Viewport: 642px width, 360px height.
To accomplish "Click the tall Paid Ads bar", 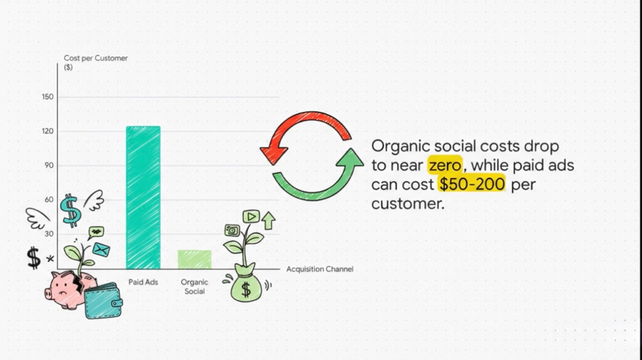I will tap(143, 197).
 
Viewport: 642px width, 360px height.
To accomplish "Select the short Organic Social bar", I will tap(194, 259).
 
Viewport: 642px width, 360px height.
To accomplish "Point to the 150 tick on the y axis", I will tap(48, 97).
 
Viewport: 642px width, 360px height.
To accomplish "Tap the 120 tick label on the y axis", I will tap(48, 132).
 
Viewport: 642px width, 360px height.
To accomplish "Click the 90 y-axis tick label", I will tap(49, 166).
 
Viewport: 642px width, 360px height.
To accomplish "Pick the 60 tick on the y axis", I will tap(49, 200).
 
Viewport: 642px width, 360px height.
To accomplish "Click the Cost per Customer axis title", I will tap(95, 58).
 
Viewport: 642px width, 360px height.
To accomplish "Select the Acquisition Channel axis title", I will tap(320, 269).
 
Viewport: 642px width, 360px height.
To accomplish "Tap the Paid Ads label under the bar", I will tap(143, 282).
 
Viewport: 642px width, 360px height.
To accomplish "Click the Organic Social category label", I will tap(194, 287).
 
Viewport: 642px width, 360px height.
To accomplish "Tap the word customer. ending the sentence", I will tap(408, 204).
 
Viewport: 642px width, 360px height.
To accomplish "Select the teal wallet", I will tap(103, 300).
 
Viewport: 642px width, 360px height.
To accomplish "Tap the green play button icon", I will tap(250, 216).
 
